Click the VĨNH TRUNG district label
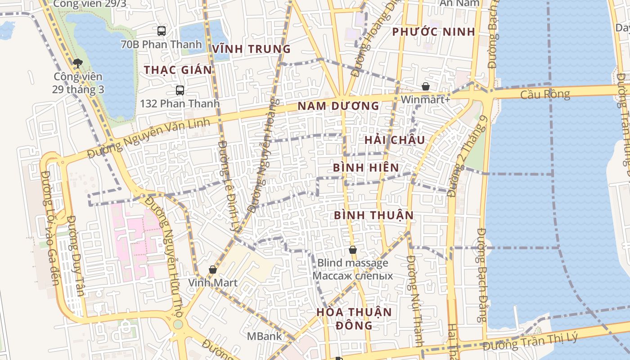252,49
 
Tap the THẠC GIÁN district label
178,70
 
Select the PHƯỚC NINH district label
433,32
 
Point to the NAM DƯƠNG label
338,106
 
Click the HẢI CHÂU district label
395,140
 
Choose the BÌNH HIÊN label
366,168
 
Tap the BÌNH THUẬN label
373,216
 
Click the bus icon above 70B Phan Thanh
162,31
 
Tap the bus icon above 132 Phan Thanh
180,90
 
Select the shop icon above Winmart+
426,86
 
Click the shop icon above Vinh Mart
213,270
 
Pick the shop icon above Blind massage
353,250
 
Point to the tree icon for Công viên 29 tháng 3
78,63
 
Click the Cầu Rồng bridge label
545,94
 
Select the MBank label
264,336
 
